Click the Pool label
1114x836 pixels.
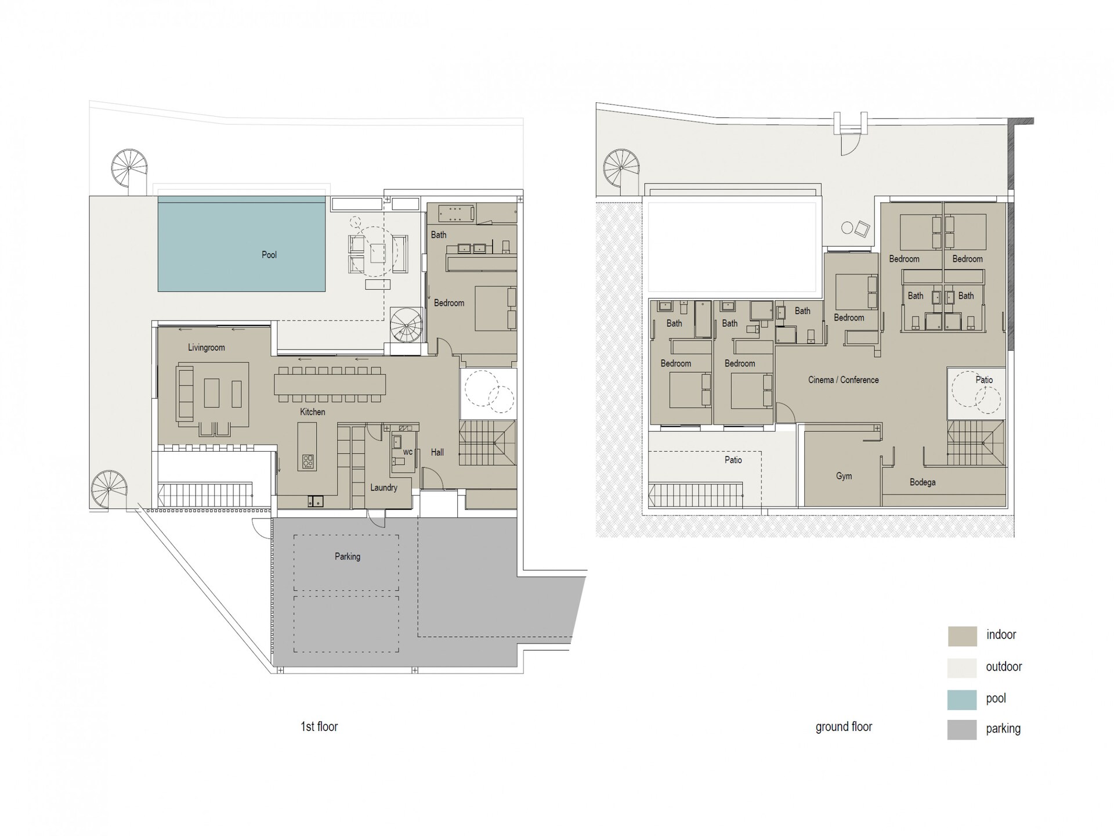[269, 255]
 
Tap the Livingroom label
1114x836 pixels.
[206, 348]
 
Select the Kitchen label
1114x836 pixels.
[312, 412]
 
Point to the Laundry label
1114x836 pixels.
[384, 488]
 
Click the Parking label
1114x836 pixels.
[348, 557]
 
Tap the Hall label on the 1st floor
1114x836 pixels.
[437, 452]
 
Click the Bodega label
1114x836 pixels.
[923, 482]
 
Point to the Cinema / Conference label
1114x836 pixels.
[843, 380]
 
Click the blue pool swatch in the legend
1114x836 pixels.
[962, 700]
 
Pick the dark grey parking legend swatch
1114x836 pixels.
[962, 730]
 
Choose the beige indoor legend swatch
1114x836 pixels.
[962, 636]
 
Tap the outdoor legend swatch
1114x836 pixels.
[962, 668]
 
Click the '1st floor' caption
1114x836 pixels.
[319, 727]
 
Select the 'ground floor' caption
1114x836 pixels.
[844, 727]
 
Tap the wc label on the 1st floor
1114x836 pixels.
[407, 452]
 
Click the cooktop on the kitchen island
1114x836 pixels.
[308, 462]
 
